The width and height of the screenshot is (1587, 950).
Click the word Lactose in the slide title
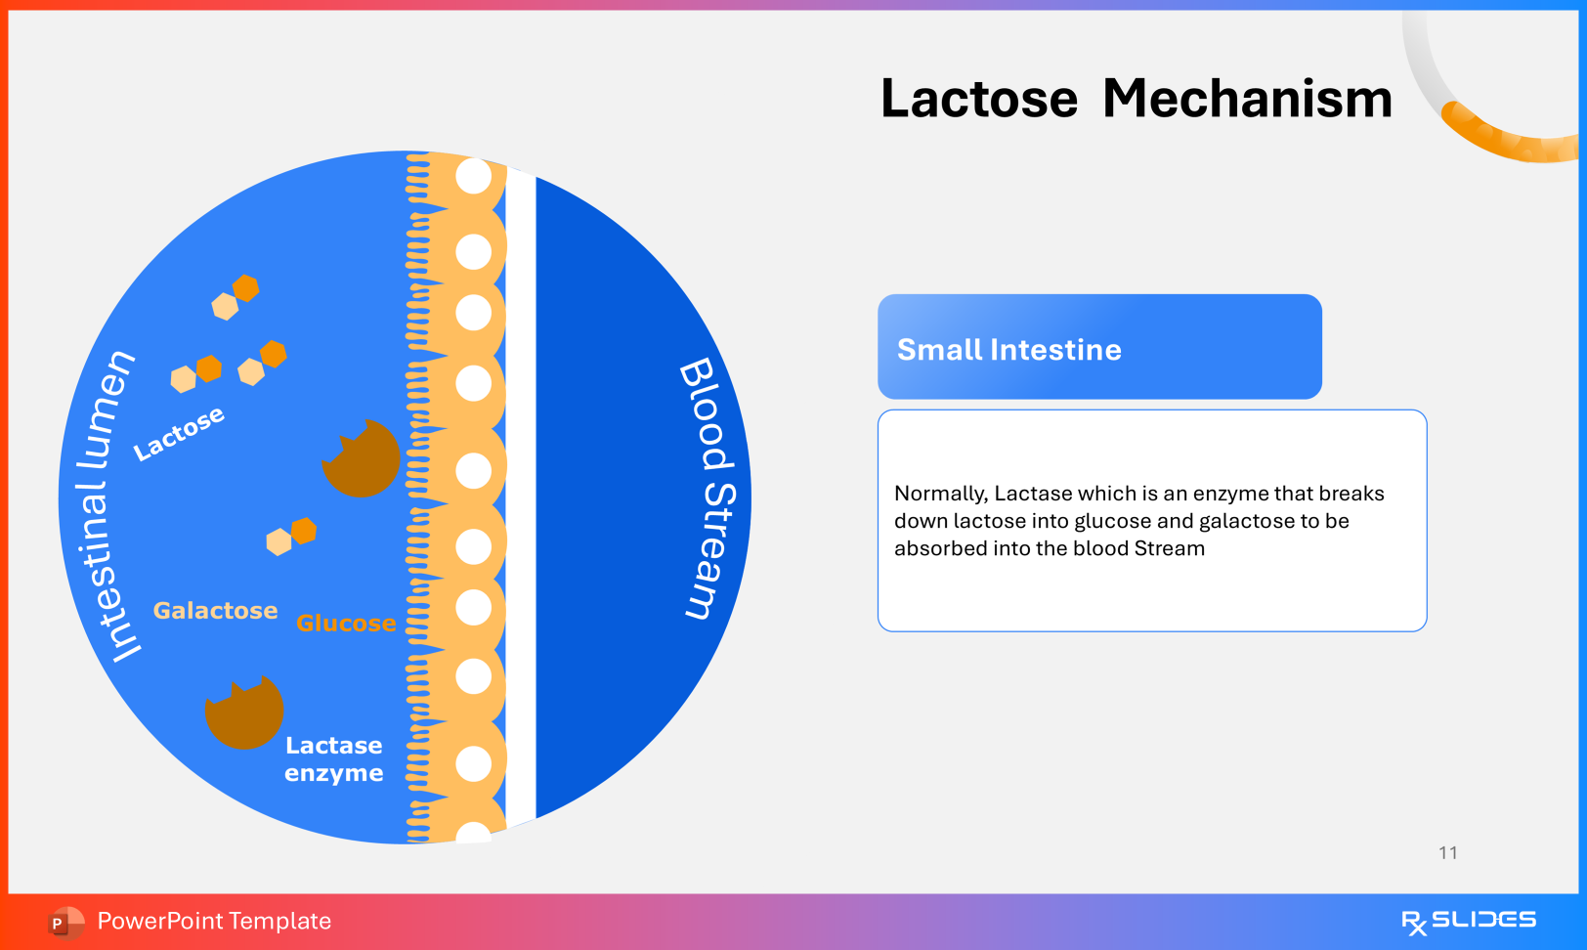point(978,99)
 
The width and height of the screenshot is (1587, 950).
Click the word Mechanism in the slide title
point(1247,99)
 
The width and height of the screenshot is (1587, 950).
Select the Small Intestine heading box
point(1099,347)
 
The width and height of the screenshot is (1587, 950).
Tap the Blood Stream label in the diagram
point(710,488)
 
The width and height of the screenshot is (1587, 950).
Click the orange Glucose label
point(346,624)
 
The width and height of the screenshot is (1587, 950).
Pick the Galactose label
point(215,611)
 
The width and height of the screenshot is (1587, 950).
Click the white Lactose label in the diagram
point(179,432)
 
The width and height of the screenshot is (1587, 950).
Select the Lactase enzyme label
point(333,759)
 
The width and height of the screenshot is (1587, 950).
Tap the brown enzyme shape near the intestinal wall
point(362,459)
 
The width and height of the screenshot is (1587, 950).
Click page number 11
point(1447,853)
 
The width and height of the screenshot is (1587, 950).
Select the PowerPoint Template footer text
point(214,922)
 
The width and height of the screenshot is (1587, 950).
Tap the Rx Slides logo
point(1468,921)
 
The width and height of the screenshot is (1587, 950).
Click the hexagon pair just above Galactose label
point(291,536)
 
